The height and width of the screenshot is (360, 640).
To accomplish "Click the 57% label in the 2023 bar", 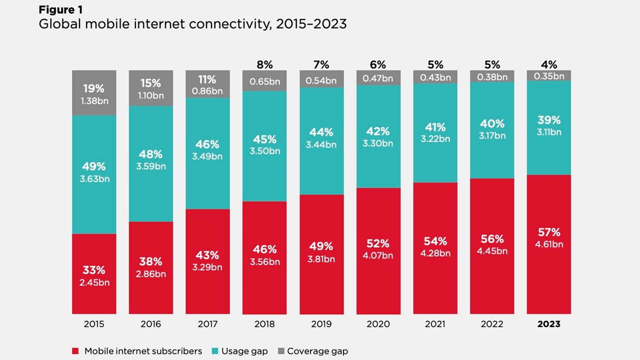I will point(549,232).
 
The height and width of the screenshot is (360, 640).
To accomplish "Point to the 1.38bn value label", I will point(94,100).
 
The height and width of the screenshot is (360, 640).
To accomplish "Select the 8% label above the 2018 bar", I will point(264,64).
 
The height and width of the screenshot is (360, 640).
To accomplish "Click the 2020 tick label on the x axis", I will point(378,324).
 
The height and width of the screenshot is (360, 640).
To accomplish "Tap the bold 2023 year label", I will point(548,324).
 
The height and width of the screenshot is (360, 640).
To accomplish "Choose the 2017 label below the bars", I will point(207,324).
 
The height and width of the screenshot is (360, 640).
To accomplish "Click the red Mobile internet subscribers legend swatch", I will point(75,351).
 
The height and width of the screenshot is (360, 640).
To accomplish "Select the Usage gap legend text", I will point(244,351).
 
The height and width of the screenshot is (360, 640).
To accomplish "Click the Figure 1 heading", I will point(61,10).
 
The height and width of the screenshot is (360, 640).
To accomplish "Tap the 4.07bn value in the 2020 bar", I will point(378,255).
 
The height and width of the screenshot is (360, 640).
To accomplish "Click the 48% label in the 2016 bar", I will point(150,154).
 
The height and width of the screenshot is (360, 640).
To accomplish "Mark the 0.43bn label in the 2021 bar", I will point(435,77).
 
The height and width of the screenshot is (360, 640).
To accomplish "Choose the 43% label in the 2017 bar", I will point(207,255).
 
